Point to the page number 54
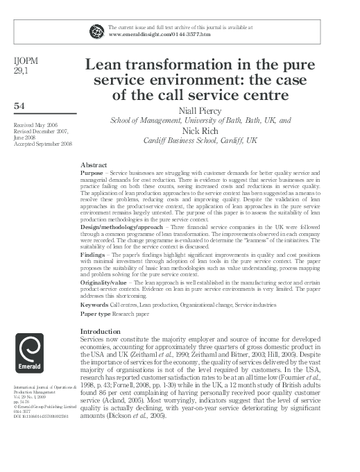tap(19, 106)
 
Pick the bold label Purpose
tap(92, 172)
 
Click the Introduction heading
tap(101, 331)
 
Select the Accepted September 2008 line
tap(38, 144)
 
